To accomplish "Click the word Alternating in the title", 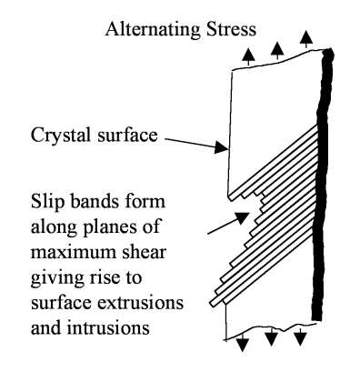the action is click(153, 30).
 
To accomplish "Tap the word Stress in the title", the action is click(231, 29).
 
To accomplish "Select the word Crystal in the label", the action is click(61, 136).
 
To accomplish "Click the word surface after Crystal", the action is click(127, 135).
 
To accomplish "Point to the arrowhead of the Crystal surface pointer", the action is click(222, 147).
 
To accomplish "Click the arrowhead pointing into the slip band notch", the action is click(243, 217).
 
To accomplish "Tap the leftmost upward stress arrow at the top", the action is click(248, 56).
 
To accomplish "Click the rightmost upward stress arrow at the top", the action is click(306, 39).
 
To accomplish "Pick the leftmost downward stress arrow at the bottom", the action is click(243, 344).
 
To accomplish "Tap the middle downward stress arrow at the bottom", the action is click(272, 337).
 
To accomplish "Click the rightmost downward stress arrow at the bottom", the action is click(300, 337).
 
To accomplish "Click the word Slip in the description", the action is click(47, 202).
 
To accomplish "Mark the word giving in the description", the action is click(57, 278).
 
